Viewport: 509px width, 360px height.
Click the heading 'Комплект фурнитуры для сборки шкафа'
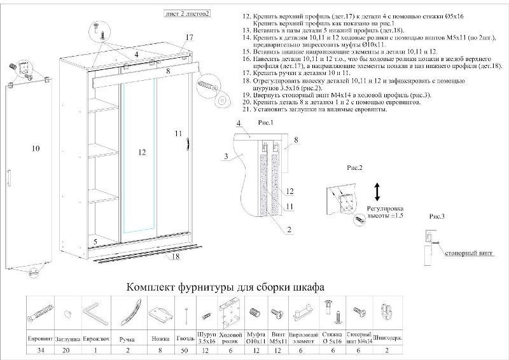tap(227, 287)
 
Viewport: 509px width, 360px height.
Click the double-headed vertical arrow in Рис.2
tap(377, 191)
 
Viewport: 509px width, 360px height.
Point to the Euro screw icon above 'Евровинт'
tap(39, 314)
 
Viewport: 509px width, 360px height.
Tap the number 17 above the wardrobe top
tap(189, 38)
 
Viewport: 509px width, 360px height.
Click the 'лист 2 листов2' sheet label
tap(188, 13)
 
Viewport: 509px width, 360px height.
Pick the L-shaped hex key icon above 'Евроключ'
tap(92, 312)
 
